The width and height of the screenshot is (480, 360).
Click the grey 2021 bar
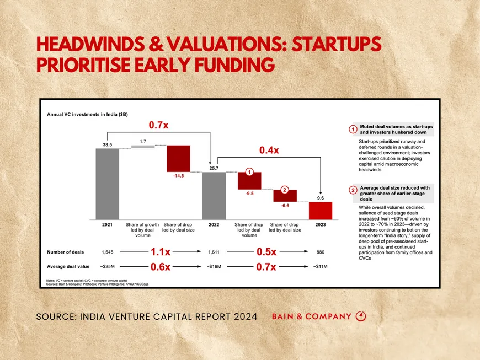[107, 183]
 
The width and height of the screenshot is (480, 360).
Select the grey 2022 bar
[214, 195]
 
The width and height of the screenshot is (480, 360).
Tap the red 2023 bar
[320, 210]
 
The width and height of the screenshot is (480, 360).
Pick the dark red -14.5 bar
[178, 159]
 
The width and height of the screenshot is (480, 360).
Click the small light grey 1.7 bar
[142, 146]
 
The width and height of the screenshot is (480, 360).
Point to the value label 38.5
[107, 143]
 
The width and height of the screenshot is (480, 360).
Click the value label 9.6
[321, 197]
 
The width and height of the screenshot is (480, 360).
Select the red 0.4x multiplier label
[269, 150]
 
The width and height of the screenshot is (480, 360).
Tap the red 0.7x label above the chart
[158, 125]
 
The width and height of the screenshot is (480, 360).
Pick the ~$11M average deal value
[320, 266]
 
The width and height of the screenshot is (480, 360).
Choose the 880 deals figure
[320, 252]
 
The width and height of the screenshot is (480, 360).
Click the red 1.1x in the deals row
[160, 252]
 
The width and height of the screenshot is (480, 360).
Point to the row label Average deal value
[69, 266]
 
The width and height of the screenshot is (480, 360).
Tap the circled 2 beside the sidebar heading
[353, 191]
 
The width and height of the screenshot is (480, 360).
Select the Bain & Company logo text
[312, 316]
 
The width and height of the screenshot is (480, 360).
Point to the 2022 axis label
[214, 225]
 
